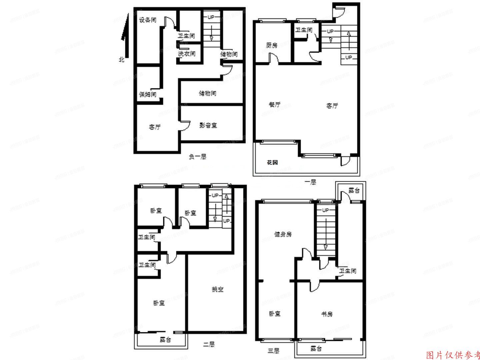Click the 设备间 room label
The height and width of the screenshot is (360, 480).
(148, 20)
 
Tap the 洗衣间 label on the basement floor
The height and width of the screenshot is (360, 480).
(187, 54)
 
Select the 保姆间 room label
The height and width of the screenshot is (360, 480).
(148, 95)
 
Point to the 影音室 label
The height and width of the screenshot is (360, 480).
(208, 125)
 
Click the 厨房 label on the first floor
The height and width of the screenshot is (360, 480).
(272, 45)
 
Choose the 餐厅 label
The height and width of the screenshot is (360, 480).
(274, 104)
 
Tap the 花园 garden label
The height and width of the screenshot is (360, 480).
(272, 163)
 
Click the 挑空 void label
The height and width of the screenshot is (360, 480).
(218, 289)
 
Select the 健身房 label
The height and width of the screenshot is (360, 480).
(283, 234)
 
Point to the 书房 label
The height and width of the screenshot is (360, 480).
(327, 314)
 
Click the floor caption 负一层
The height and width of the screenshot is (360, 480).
(198, 156)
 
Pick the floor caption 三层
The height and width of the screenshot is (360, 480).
(273, 350)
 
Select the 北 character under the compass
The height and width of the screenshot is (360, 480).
(122, 60)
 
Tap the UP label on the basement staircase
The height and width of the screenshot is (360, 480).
(211, 17)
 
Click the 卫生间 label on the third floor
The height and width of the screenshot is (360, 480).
(348, 271)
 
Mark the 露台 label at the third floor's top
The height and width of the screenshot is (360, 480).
(354, 191)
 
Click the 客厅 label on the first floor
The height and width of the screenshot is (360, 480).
(332, 106)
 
